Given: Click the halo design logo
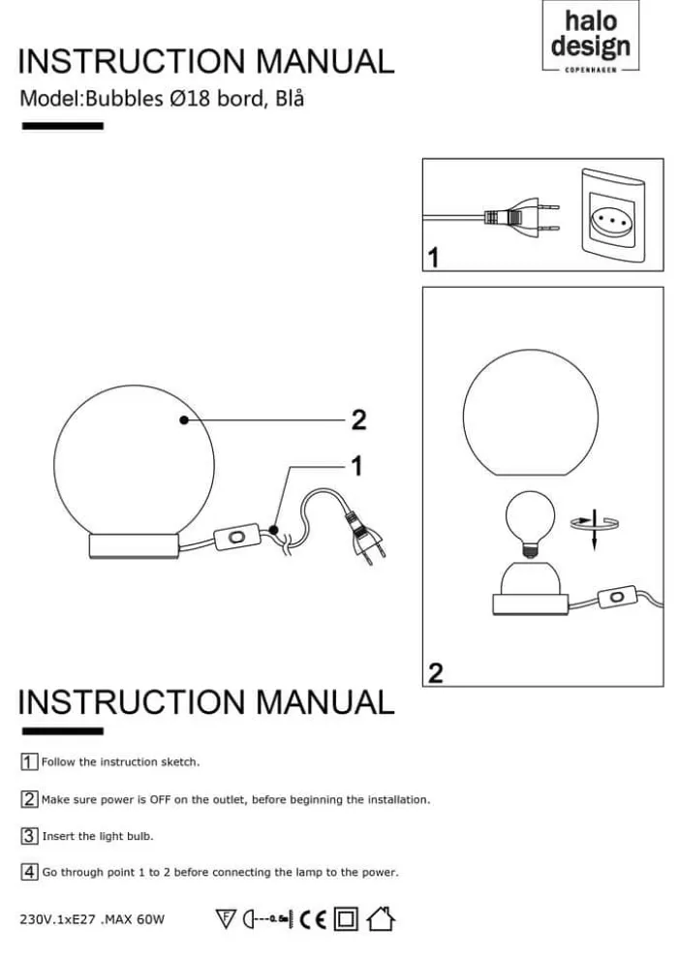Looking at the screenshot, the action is [x=591, y=37].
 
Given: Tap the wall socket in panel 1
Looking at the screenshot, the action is [x=612, y=217].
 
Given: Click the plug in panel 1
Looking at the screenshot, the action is [x=522, y=217].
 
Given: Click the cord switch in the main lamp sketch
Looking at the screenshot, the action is [x=236, y=538].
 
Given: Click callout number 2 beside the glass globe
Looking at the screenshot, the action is [x=358, y=420].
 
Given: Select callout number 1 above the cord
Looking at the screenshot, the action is [x=356, y=466].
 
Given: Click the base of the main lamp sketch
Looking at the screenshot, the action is [x=134, y=545].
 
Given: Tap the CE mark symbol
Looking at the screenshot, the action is [x=313, y=919].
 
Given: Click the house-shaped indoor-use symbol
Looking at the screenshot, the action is [x=381, y=918].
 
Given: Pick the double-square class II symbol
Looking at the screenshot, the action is [x=346, y=919].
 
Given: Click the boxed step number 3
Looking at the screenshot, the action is [x=29, y=836].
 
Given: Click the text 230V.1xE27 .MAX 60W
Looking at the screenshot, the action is [x=92, y=919].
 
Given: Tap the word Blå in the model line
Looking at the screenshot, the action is [x=290, y=98].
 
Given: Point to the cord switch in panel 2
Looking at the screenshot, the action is [x=617, y=597].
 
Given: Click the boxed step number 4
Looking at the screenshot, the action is [x=29, y=872].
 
